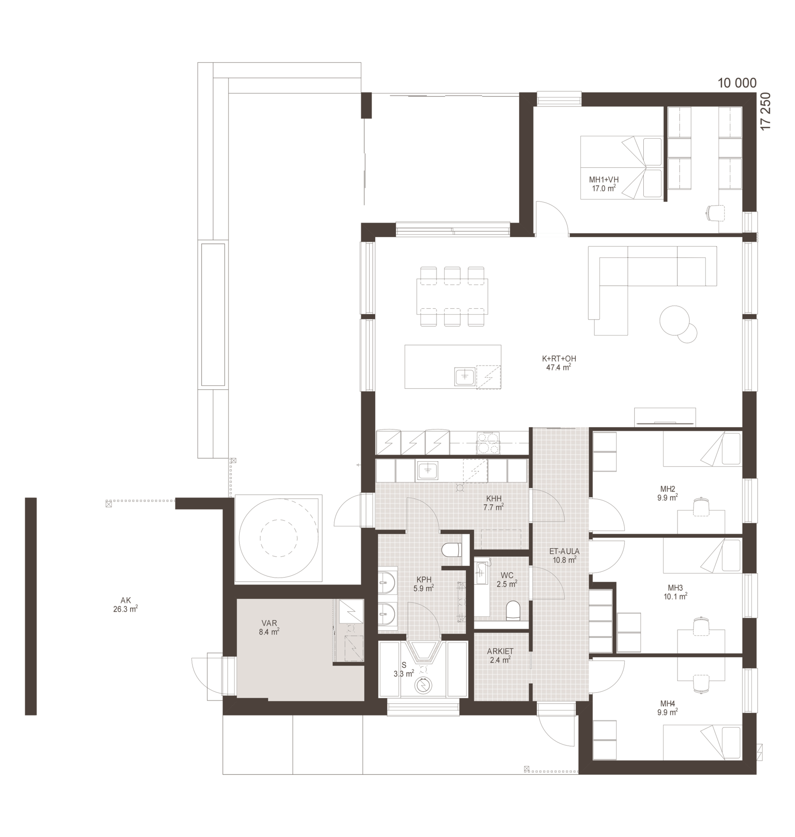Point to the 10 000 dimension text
737,83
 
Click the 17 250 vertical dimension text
765,111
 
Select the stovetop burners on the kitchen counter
488,443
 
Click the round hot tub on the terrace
278,538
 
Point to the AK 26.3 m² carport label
126,605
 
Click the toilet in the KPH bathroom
451,550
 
